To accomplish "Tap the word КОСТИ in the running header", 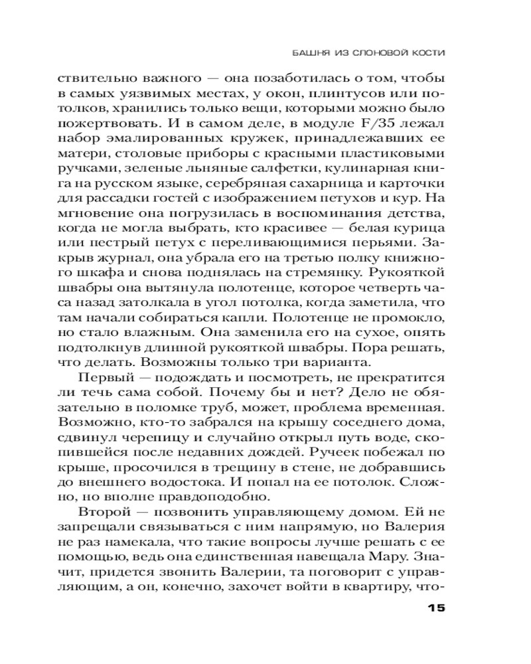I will coord(428,52).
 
